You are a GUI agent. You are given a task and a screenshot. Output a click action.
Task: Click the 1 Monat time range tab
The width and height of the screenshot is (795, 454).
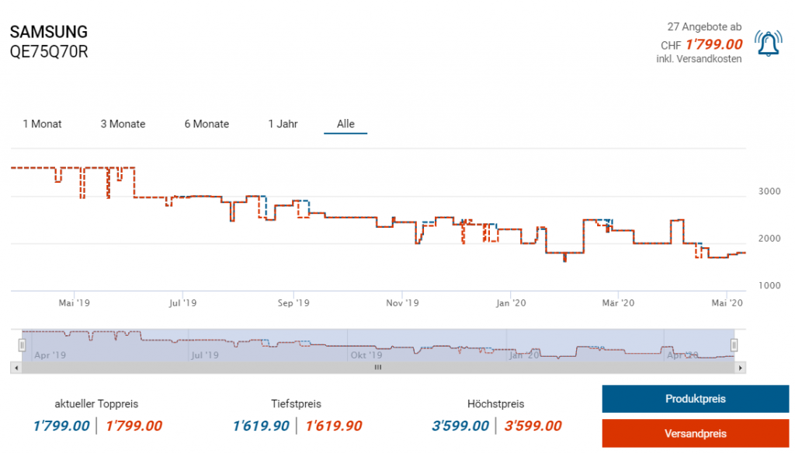pos(42,124)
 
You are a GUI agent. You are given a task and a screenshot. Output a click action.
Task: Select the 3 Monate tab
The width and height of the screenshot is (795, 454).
pos(123,124)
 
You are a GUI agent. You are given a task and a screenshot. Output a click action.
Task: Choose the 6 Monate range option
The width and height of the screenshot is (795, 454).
pos(207,124)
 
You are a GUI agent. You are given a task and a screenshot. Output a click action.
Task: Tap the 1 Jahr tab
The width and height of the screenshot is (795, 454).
pos(283,124)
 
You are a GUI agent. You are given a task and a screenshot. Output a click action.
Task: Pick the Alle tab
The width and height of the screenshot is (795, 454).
pos(345,124)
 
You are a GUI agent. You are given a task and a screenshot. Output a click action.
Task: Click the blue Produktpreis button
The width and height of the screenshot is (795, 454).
pos(695,399)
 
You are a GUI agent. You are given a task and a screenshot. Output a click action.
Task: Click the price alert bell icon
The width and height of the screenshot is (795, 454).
pos(769,44)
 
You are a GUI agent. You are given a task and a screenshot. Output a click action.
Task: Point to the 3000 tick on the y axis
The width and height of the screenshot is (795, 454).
pos(769,191)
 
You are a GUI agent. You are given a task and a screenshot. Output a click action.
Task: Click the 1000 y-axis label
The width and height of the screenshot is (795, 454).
pos(769,286)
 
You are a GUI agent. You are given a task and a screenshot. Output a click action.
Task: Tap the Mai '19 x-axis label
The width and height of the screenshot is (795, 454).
pos(75,302)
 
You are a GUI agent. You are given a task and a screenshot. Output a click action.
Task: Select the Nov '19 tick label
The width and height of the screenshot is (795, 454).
pos(402,302)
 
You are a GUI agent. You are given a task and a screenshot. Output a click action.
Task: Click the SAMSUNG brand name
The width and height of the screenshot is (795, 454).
pos(48,33)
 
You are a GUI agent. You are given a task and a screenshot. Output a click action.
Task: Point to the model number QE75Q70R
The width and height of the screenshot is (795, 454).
pos(49,53)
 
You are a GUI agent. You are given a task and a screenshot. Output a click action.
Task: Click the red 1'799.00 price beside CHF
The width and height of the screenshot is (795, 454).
pos(713,44)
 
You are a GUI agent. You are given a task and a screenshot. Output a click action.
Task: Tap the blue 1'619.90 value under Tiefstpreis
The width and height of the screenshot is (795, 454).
pos(261,426)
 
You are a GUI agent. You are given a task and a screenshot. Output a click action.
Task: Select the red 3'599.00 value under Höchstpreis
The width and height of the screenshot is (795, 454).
pos(533,426)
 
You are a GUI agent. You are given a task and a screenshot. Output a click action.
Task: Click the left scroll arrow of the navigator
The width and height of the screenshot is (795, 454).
pos(16,368)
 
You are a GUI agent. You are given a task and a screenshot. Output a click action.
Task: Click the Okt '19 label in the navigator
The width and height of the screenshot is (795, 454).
pos(366,354)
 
